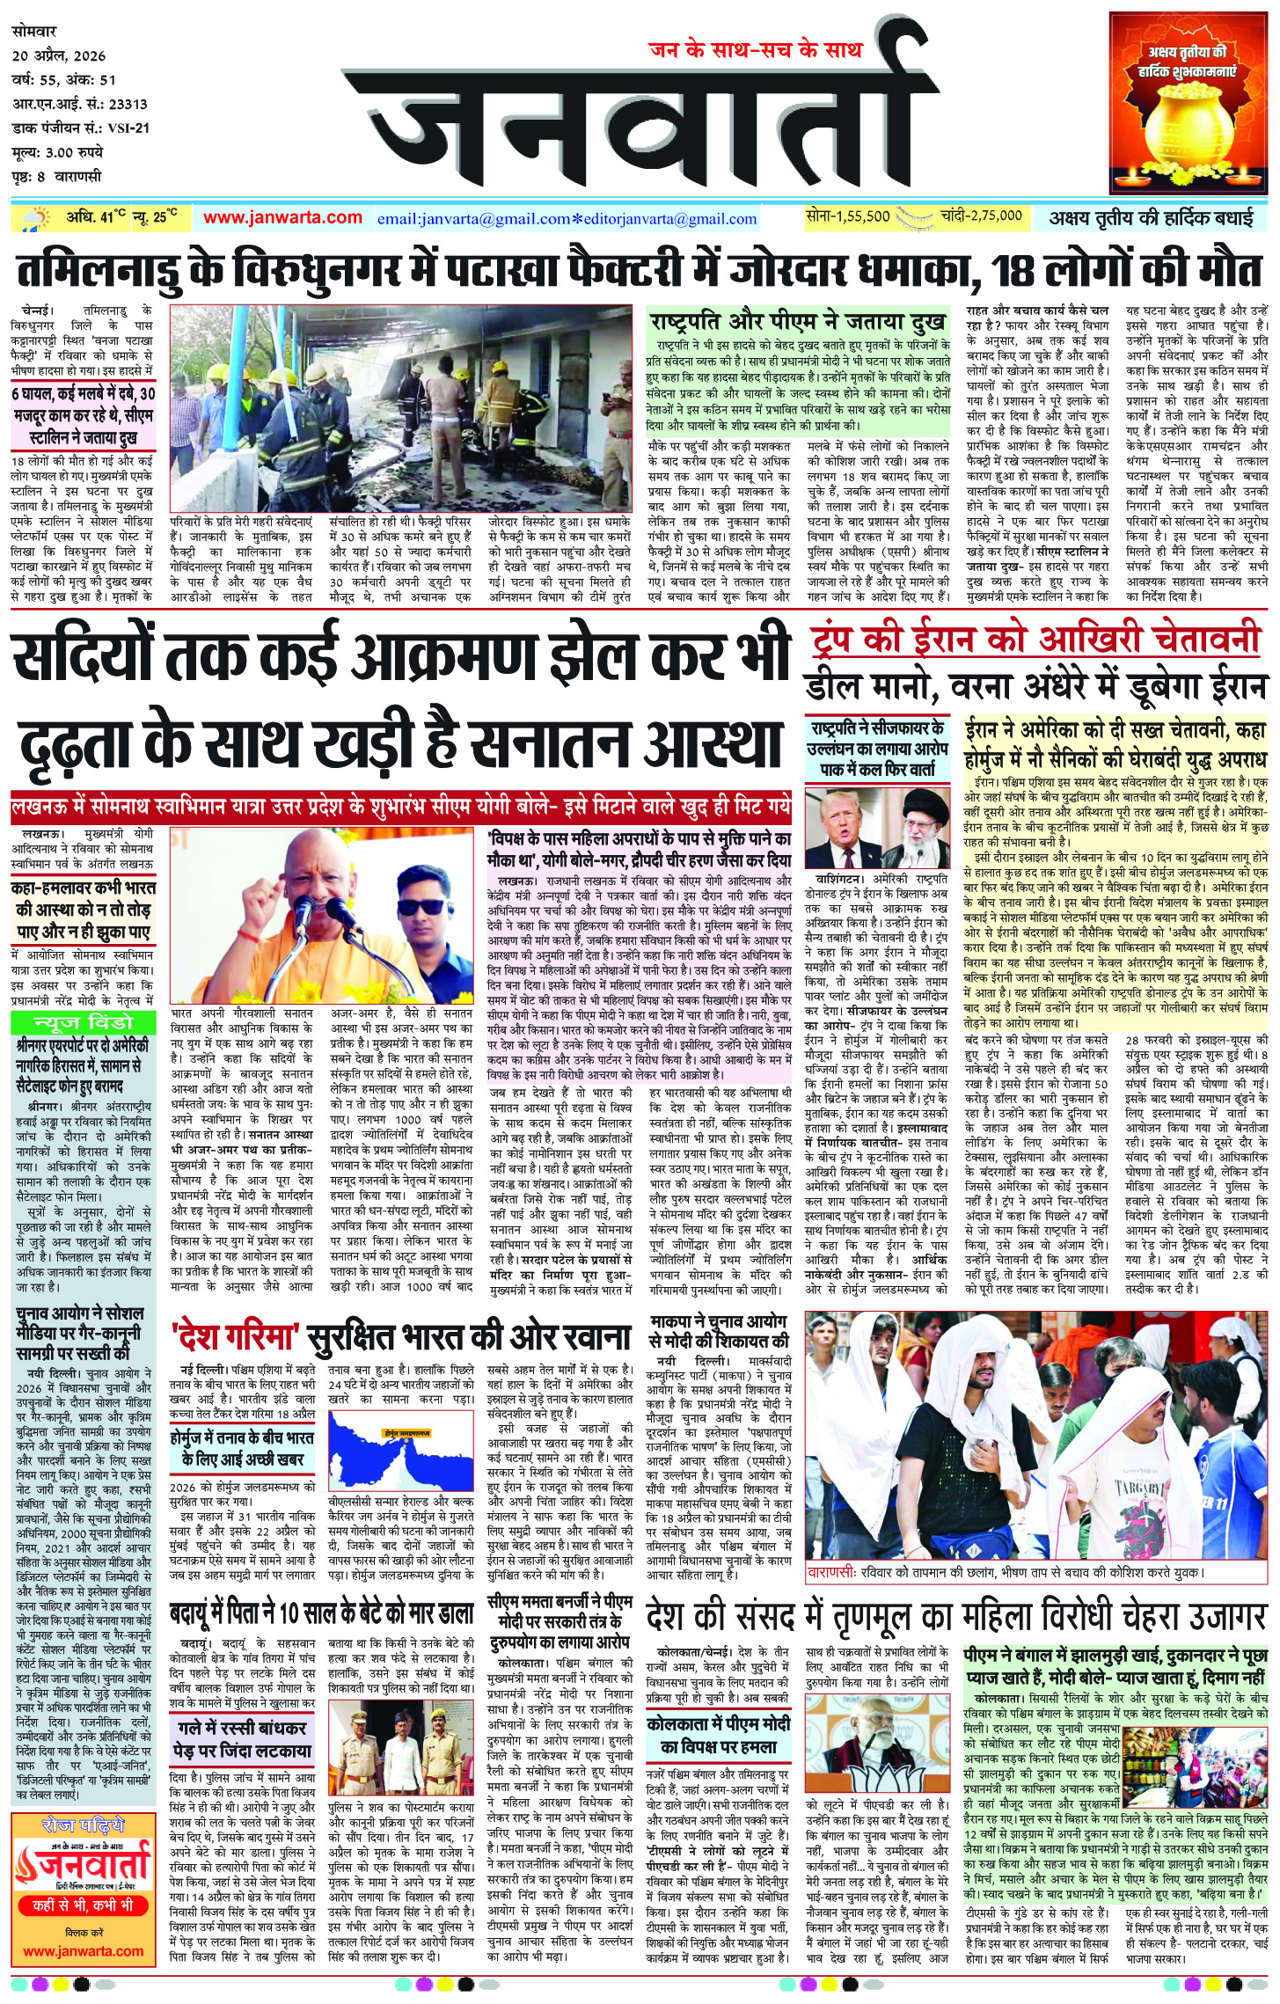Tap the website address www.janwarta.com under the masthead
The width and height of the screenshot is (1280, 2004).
point(282,217)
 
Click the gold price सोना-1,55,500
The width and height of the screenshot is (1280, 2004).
point(848,216)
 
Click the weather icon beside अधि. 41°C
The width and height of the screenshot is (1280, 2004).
point(37,218)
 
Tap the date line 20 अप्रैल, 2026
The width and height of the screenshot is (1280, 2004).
point(59,55)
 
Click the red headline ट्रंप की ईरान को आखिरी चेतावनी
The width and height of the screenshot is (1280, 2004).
point(1035,640)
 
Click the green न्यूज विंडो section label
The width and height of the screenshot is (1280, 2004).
point(83,1022)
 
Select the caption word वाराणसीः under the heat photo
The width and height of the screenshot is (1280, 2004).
point(831,1571)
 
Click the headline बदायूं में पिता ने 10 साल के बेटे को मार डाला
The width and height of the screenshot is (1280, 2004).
point(322,1614)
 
